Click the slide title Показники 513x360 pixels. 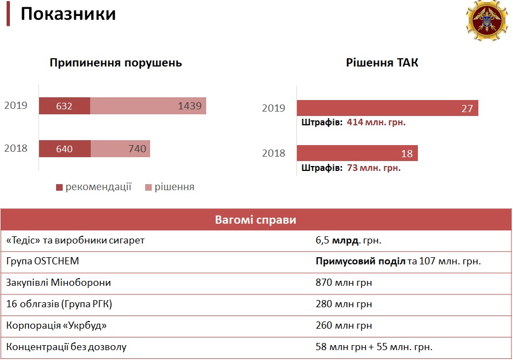(x=68, y=14)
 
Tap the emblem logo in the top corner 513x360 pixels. (x=487, y=21)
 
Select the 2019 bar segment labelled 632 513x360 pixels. (x=64, y=106)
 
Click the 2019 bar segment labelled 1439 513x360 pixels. (x=148, y=106)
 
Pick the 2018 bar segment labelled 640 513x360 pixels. (x=64, y=148)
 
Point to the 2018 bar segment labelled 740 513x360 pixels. (x=120, y=148)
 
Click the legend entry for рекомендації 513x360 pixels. (x=93, y=187)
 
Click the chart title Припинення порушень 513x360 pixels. (x=116, y=63)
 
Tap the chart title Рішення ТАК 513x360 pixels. (x=382, y=63)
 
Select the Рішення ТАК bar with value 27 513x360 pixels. (x=387, y=108)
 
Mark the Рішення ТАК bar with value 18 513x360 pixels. (x=357, y=153)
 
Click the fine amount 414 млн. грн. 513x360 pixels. (x=376, y=123)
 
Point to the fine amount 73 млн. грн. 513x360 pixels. (x=374, y=168)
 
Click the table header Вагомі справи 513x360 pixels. (x=256, y=220)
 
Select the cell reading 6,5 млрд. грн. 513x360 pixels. (x=349, y=240)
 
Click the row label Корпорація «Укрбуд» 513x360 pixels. (x=56, y=325)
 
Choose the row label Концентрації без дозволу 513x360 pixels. (x=66, y=347)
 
